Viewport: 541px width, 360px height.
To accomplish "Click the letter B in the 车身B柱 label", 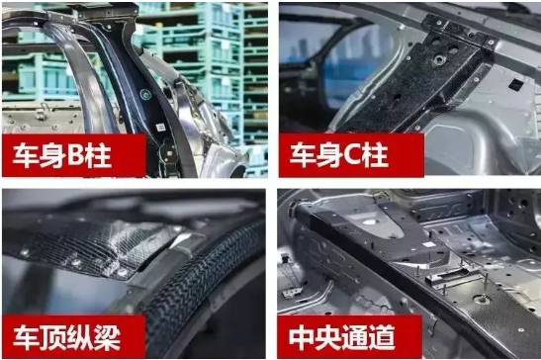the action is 76,155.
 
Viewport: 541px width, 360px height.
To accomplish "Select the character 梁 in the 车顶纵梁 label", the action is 107,337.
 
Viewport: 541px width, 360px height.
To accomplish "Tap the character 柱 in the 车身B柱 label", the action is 99,155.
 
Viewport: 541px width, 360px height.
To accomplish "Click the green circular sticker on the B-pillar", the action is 145,94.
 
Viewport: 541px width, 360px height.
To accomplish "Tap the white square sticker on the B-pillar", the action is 161,128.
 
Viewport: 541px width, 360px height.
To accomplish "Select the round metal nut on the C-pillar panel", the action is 439,60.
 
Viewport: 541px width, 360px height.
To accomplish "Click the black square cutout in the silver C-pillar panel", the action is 516,84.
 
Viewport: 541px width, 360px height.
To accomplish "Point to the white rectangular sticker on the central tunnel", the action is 429,244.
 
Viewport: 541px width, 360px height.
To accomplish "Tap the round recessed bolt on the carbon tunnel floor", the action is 482,300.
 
